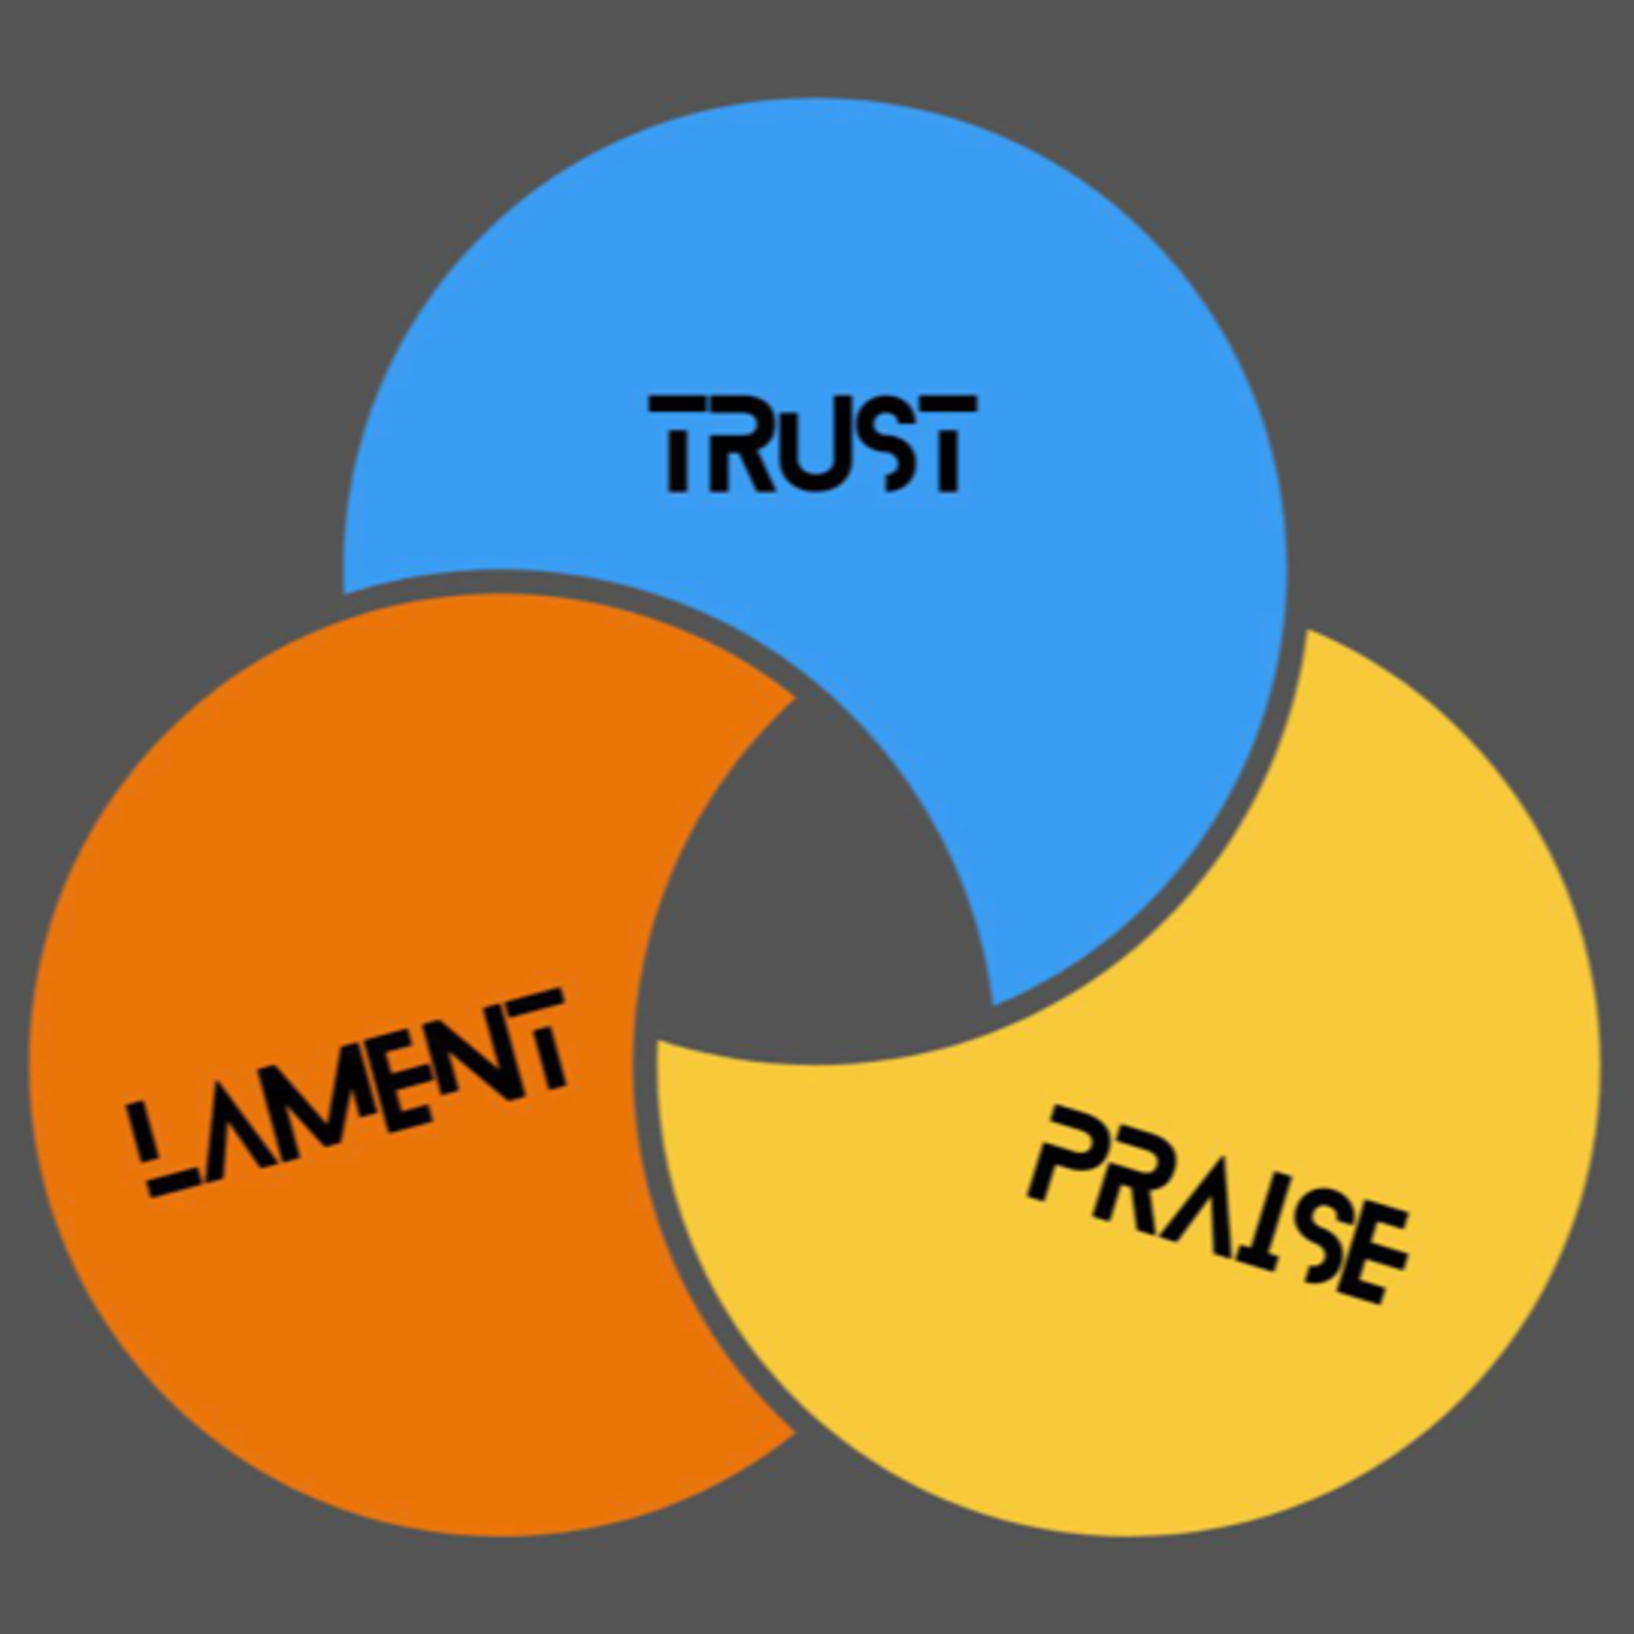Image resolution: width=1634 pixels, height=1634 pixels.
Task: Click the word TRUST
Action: (813, 443)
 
